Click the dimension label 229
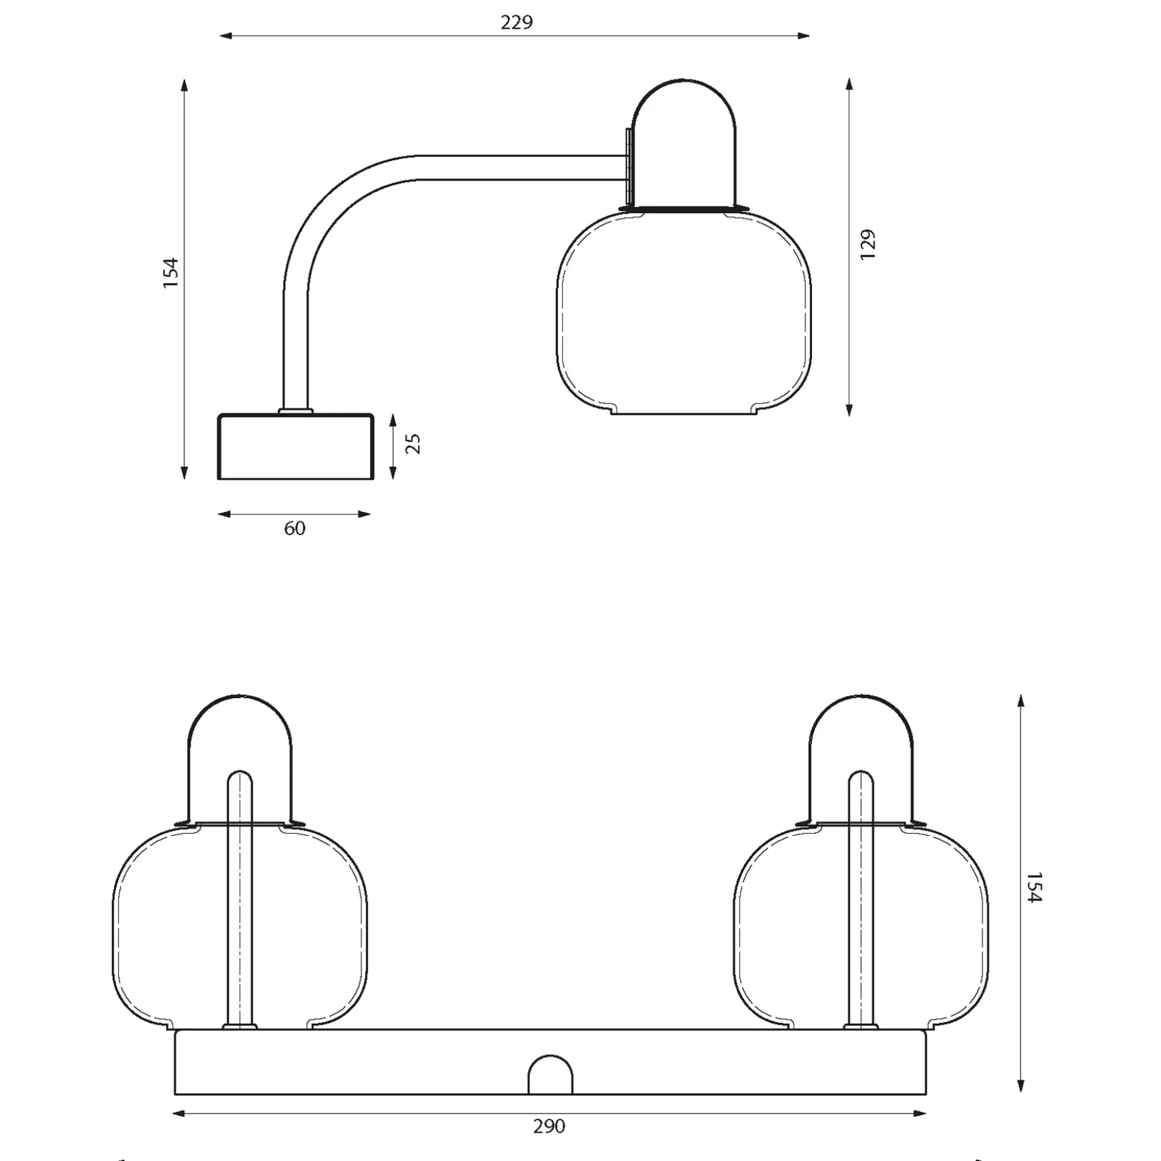[517, 22]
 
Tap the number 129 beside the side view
[868, 244]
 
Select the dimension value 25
[413, 443]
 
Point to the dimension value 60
[295, 528]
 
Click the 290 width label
[549, 1126]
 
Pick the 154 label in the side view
[171, 272]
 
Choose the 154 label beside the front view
[1034, 888]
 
